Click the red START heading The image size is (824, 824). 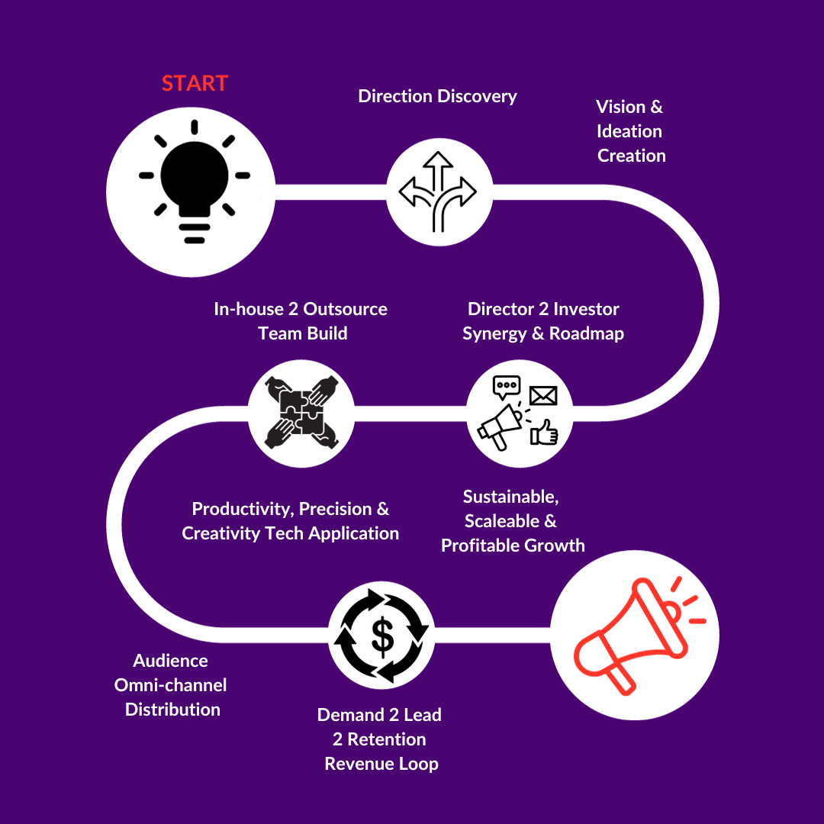[x=195, y=83]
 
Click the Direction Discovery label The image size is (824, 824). [x=437, y=96]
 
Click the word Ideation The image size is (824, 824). [x=629, y=131]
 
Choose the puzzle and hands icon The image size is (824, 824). [x=301, y=413]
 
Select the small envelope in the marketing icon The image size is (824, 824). [x=542, y=395]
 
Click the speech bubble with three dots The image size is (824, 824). [x=506, y=387]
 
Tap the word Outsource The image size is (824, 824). [x=345, y=309]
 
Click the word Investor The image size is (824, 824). [x=586, y=309]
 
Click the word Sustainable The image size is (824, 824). [x=510, y=497]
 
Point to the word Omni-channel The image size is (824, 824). [x=170, y=684]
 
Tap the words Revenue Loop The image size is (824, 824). [x=381, y=764]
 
